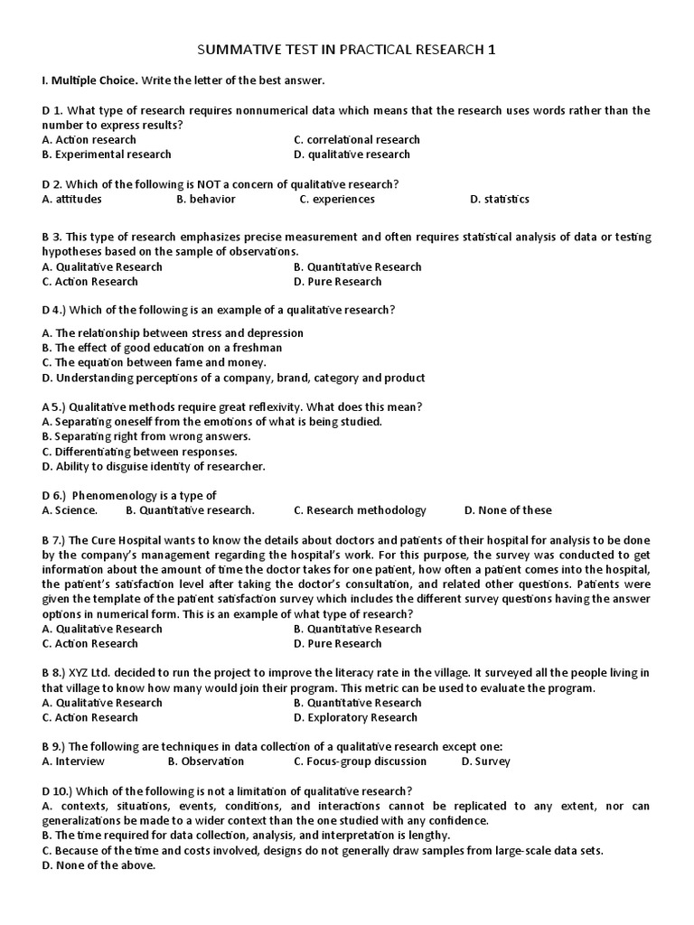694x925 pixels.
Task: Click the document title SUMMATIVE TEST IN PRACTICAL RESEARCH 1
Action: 347,50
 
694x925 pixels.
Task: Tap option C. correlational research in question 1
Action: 357,140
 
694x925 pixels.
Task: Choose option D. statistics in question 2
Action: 500,199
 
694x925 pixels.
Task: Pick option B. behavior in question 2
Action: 206,199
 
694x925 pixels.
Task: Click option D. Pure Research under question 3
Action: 338,281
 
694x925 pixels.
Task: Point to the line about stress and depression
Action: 173,333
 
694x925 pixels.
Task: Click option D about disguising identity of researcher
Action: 154,466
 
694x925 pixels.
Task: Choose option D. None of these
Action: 508,510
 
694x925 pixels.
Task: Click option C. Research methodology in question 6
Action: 360,510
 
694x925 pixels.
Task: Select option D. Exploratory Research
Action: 355,717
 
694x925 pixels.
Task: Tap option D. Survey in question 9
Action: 485,761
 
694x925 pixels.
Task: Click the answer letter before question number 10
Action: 46,790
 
